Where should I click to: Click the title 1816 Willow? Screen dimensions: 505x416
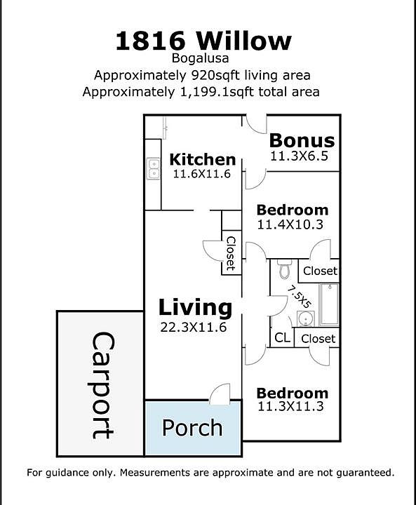click(x=203, y=41)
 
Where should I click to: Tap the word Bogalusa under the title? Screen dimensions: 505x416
click(x=203, y=60)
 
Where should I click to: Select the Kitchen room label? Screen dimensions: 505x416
click(x=202, y=159)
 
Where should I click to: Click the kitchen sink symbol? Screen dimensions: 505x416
click(x=154, y=168)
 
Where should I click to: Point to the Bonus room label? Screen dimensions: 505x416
click(x=302, y=140)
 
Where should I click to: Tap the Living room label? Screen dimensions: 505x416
click(x=194, y=307)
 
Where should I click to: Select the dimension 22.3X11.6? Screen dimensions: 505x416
click(x=192, y=326)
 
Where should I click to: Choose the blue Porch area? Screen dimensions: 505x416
click(x=192, y=428)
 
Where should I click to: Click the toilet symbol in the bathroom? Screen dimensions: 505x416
click(x=284, y=269)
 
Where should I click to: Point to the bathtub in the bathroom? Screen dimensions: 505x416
click(x=328, y=304)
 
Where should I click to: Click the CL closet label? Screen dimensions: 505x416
click(x=282, y=338)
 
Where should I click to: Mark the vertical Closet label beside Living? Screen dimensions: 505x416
click(x=231, y=253)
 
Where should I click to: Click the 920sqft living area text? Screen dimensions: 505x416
click(x=203, y=75)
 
